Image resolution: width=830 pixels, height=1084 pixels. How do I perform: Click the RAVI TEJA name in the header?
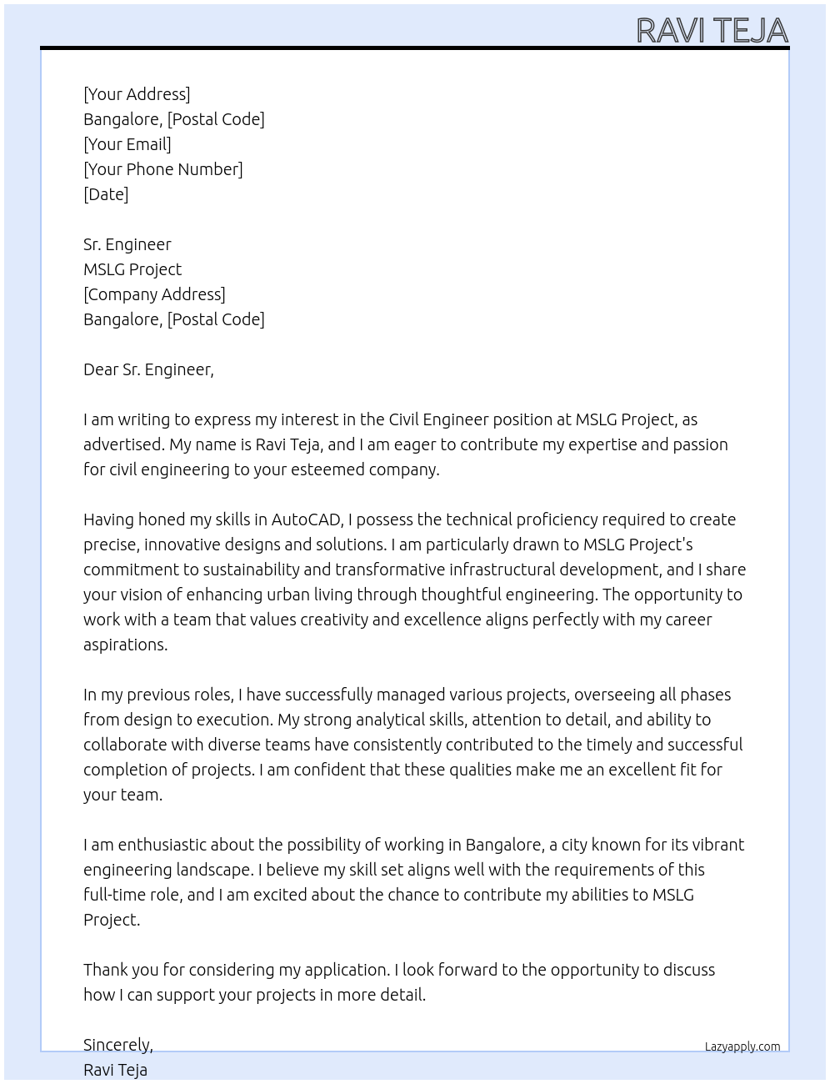pyautogui.click(x=712, y=30)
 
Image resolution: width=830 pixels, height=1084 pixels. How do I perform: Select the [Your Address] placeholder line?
pyautogui.click(x=137, y=94)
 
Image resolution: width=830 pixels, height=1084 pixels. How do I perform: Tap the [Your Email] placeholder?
pyautogui.click(x=127, y=144)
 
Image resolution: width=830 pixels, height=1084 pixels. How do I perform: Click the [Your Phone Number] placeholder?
pyautogui.click(x=163, y=169)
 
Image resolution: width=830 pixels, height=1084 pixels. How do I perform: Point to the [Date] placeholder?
pyautogui.click(x=106, y=194)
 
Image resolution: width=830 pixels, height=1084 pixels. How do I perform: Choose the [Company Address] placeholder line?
pyautogui.click(x=154, y=294)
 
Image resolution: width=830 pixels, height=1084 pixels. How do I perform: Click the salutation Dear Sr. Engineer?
pyautogui.click(x=148, y=369)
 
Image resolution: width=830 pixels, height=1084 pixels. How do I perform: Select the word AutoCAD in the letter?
pyautogui.click(x=307, y=519)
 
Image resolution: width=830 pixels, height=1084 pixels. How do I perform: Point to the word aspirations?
pyautogui.click(x=125, y=645)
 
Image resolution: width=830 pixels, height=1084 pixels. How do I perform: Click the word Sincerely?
pyautogui.click(x=118, y=1045)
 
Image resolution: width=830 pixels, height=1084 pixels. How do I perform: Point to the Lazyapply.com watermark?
pyautogui.click(x=742, y=1046)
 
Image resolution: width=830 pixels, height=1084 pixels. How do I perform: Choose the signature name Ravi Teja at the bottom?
pyautogui.click(x=115, y=1070)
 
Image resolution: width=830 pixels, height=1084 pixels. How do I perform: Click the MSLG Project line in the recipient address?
pyautogui.click(x=132, y=269)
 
